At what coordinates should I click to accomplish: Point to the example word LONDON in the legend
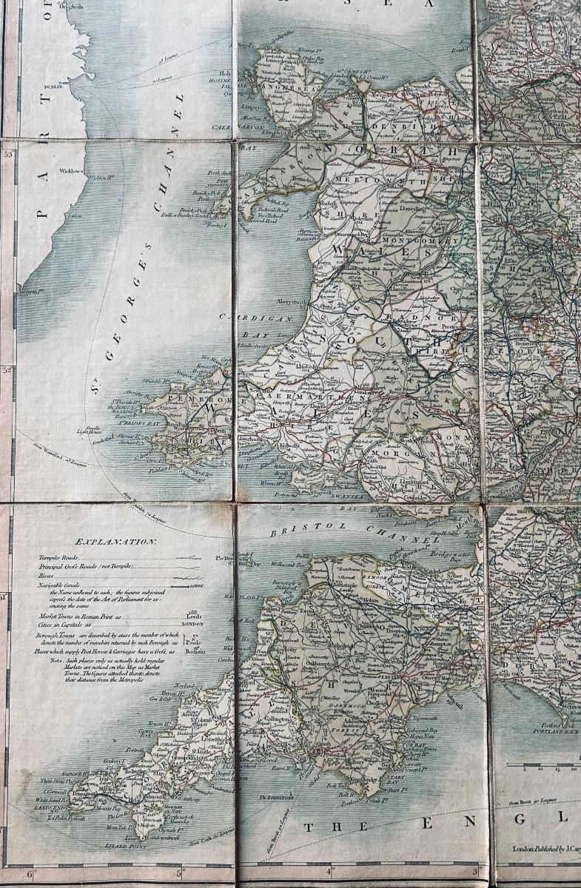pos(192,623)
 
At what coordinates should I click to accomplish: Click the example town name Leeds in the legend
pos(194,616)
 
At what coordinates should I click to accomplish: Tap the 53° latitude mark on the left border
pos(8,155)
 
